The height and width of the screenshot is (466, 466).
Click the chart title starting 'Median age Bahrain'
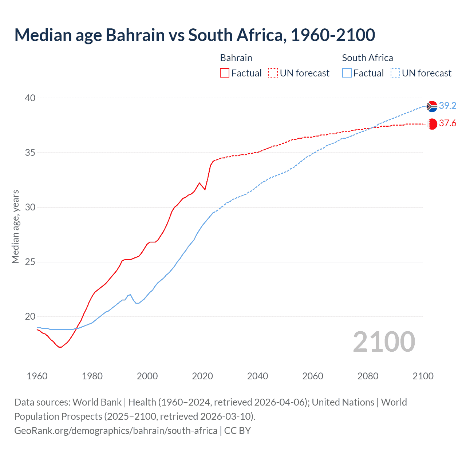[194, 35]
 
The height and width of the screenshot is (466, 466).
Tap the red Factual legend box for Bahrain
[225, 73]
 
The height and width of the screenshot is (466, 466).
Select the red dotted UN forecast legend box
[273, 73]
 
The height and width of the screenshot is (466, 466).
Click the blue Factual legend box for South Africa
[347, 73]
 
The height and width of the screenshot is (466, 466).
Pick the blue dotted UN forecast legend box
[395, 73]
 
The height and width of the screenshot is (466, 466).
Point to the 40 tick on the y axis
[30, 98]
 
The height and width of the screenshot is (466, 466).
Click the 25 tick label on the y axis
[30, 262]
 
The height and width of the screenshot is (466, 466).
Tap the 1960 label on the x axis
[37, 376]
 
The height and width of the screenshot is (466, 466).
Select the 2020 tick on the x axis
[202, 376]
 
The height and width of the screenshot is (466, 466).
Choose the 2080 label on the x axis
[368, 376]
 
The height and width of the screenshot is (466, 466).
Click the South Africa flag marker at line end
[432, 106]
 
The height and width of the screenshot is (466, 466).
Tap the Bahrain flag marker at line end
[432, 124]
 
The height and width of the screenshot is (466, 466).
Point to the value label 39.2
[447, 106]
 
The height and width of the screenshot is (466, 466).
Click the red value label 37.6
[447, 123]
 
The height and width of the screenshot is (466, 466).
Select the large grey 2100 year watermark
[384, 341]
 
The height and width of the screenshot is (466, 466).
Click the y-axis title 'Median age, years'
[15, 226]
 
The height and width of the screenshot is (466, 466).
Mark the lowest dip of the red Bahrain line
[60, 347]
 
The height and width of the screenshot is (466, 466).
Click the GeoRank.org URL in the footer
[116, 430]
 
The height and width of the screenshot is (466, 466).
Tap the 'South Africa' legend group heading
[367, 58]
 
